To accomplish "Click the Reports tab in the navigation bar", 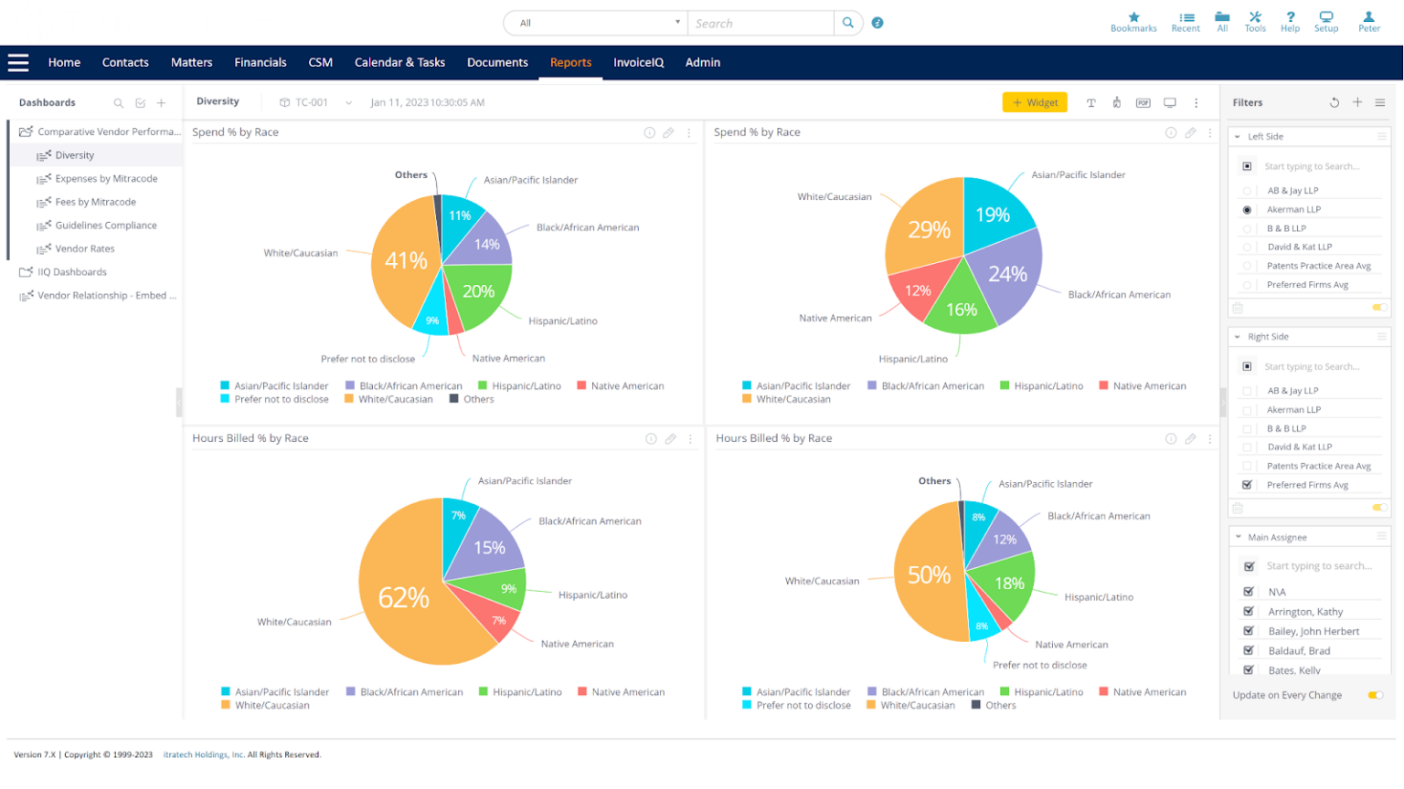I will pos(570,62).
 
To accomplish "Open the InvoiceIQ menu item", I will pos(638,62).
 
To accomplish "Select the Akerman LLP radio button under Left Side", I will pos(1247,210).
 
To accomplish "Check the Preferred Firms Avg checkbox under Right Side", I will pos(1247,485).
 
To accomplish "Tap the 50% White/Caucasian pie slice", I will pos(928,575).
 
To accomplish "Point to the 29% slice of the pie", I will pos(928,229).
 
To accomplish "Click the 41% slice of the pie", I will pos(406,260).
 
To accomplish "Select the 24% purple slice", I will pos(1007,274).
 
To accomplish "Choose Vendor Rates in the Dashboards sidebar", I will pos(85,248).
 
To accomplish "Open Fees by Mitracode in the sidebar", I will pos(95,202).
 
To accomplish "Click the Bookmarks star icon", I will pos(1133,17).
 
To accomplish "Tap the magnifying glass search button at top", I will pos(847,23).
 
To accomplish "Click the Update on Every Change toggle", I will pos(1375,695).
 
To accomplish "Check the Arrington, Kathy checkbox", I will pos(1249,611).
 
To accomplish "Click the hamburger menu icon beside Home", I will pos(18,62).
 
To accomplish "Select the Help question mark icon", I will pos(1290,17).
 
